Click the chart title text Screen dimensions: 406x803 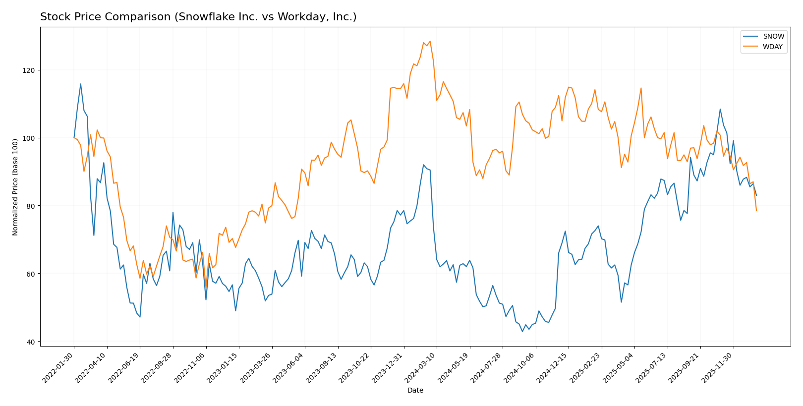point(198,17)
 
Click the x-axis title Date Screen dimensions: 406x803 point(415,391)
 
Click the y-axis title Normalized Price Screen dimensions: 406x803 point(15,187)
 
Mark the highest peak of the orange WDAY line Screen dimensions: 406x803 point(430,41)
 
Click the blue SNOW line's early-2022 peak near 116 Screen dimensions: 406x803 point(81,84)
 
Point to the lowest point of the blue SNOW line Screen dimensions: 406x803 point(522,331)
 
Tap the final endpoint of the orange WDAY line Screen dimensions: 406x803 point(756,211)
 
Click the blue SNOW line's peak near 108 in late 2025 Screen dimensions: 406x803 point(720,109)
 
